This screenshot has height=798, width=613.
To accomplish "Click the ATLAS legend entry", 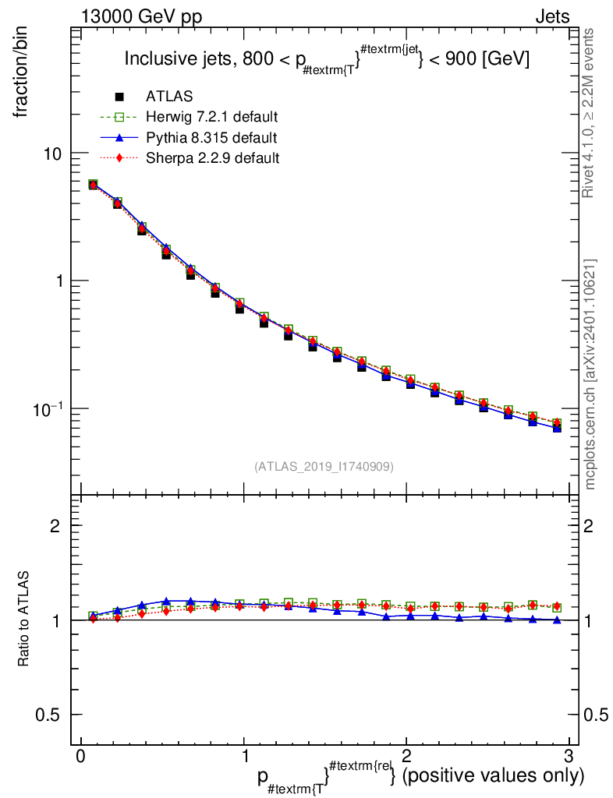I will pyautogui.click(x=169, y=97).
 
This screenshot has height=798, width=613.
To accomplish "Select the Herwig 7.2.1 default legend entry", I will pyautogui.click(x=212, y=117).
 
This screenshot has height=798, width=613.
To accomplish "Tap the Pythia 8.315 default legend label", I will pyautogui.click(x=211, y=137).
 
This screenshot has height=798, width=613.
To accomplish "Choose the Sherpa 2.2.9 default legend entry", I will pyautogui.click(x=212, y=157).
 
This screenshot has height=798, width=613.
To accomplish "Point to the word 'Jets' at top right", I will pyautogui.click(x=552, y=16).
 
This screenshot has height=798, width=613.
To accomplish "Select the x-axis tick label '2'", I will pyautogui.click(x=406, y=756).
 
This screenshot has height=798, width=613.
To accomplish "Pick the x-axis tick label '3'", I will pyautogui.click(x=569, y=756).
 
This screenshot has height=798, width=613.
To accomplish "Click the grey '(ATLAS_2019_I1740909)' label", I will pyautogui.click(x=324, y=466).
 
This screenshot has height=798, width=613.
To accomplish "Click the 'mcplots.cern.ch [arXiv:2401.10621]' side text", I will pyautogui.click(x=590, y=374).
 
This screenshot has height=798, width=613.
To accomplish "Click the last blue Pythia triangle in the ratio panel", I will pyautogui.click(x=557, y=620).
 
